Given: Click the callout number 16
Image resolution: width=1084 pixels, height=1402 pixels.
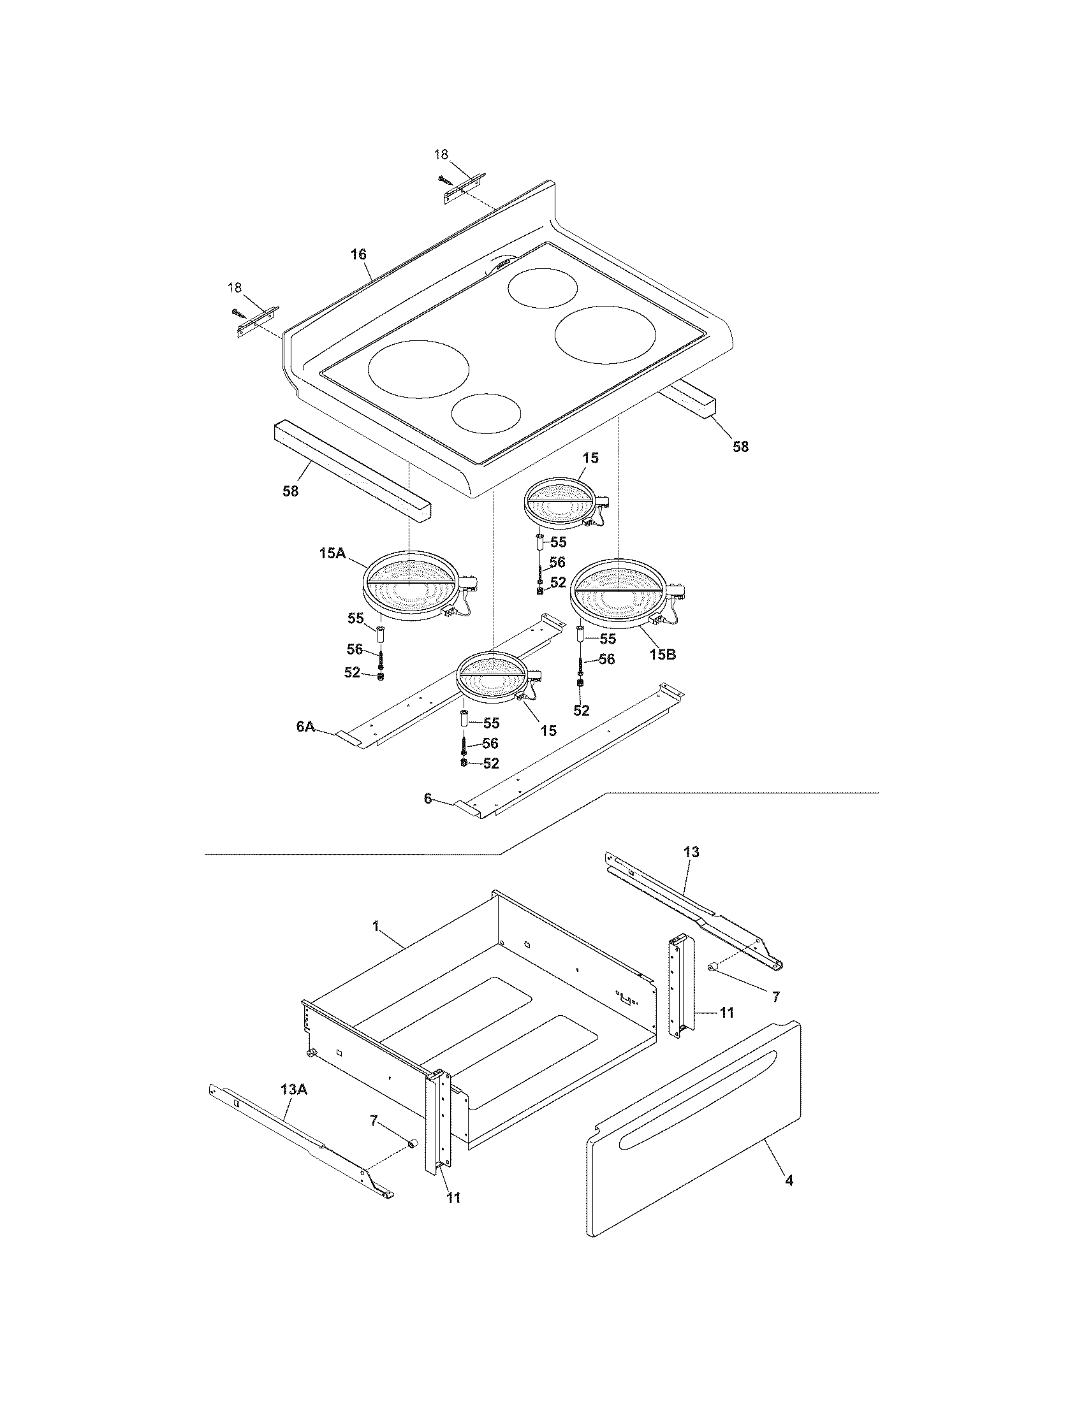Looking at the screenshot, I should pos(358,254).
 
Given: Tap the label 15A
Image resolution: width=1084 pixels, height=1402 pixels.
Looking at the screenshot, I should pos(333,553).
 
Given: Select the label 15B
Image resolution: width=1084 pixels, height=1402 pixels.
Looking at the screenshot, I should pos(662,654).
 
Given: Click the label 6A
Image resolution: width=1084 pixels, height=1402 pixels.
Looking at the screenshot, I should pos(305,726).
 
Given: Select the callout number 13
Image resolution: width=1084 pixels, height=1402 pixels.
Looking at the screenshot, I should pos(691,852).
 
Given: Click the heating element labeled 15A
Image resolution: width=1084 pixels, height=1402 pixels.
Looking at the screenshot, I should pos(411,585).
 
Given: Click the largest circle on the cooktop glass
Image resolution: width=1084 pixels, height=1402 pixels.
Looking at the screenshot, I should pos(606,336).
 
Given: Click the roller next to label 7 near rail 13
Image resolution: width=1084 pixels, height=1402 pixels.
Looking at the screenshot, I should pos(712,985).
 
